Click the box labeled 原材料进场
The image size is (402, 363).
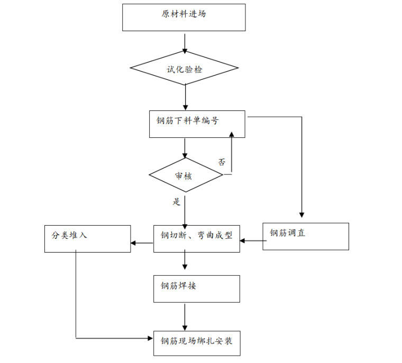184,17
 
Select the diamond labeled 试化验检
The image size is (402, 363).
184,69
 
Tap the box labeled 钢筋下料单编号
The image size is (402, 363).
197,124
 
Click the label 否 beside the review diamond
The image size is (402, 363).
222,162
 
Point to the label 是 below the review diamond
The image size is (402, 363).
177,201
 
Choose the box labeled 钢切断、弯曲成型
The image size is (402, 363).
196,238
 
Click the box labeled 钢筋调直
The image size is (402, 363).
306,236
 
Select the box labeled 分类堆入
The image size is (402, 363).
87,238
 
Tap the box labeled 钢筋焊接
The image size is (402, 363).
196,288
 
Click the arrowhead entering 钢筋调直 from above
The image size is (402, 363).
301,215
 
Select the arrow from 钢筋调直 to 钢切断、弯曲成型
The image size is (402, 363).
252,241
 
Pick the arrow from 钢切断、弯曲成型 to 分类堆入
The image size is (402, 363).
142,243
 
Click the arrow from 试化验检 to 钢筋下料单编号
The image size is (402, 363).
185,98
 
